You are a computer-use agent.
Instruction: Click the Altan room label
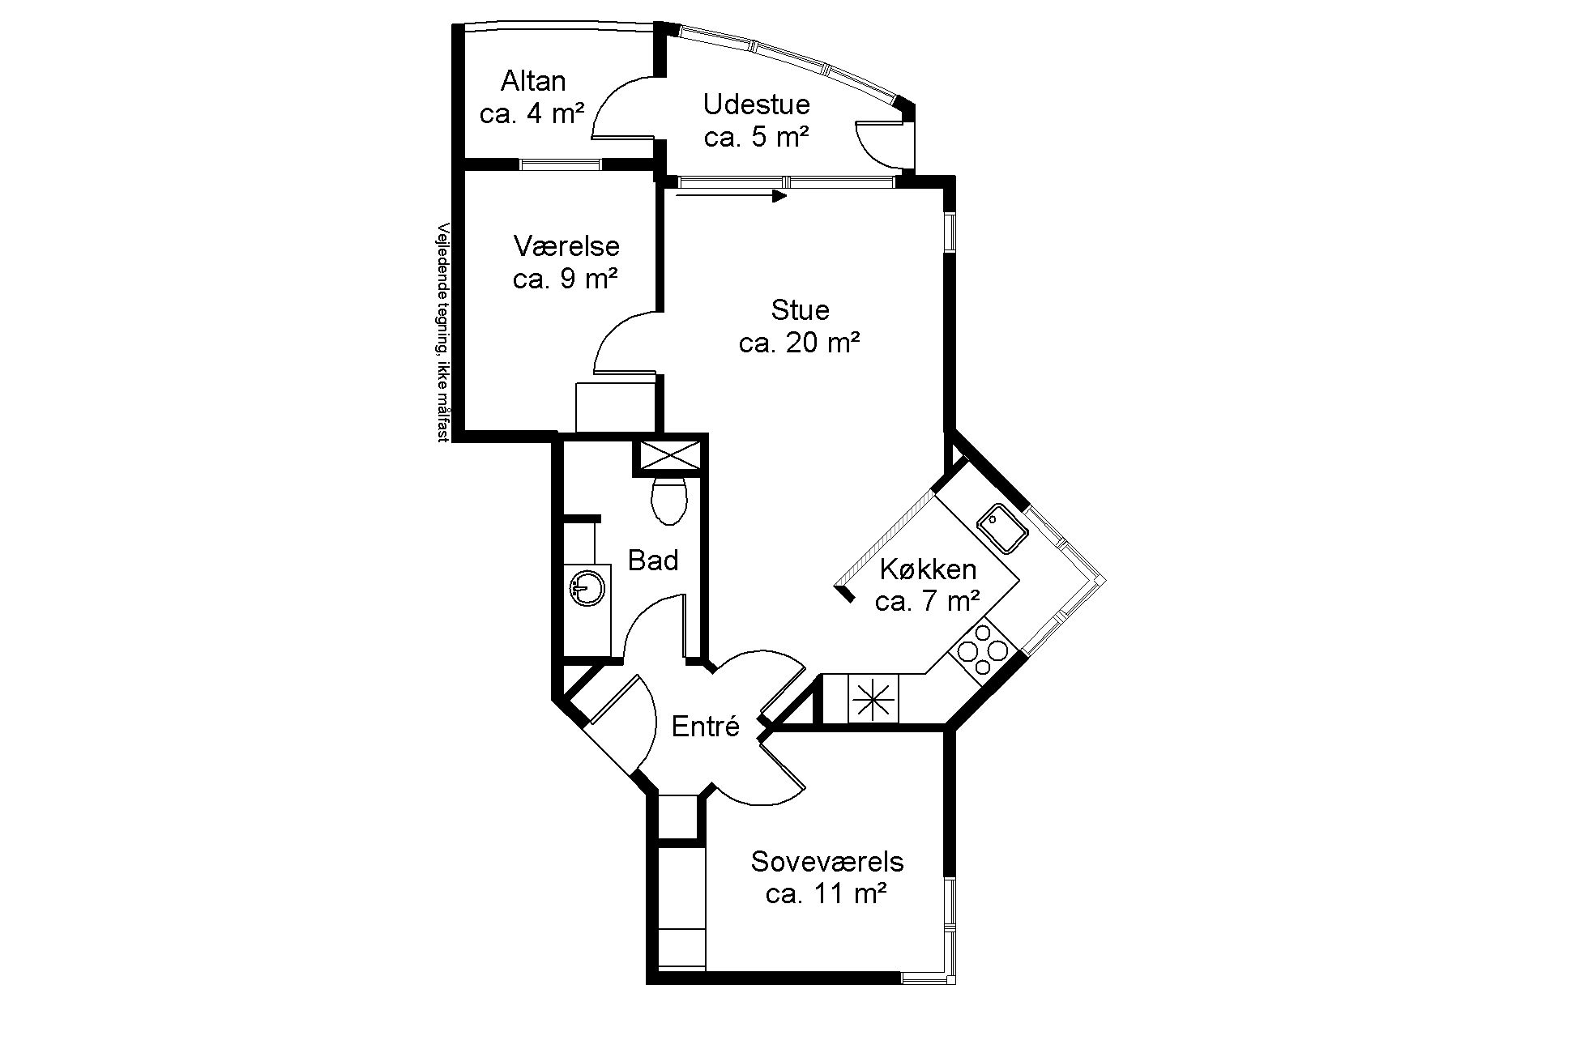533,81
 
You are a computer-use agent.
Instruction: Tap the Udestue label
756,104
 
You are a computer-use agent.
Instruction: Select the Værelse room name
566,245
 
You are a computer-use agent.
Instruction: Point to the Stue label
800,310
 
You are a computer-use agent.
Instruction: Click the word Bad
653,560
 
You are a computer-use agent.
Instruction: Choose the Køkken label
928,569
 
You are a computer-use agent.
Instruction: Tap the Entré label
706,727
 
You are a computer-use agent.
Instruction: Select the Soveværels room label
826,861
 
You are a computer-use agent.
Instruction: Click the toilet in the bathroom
669,499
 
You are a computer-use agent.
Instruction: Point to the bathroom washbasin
587,586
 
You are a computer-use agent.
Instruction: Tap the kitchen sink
1002,529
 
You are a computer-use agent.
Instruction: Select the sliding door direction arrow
731,195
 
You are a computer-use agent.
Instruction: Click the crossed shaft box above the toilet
669,455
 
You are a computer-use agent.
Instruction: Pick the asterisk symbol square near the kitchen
873,698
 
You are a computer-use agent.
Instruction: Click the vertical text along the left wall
443,332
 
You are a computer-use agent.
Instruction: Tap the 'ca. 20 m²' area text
799,343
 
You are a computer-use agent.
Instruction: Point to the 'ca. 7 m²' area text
928,603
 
